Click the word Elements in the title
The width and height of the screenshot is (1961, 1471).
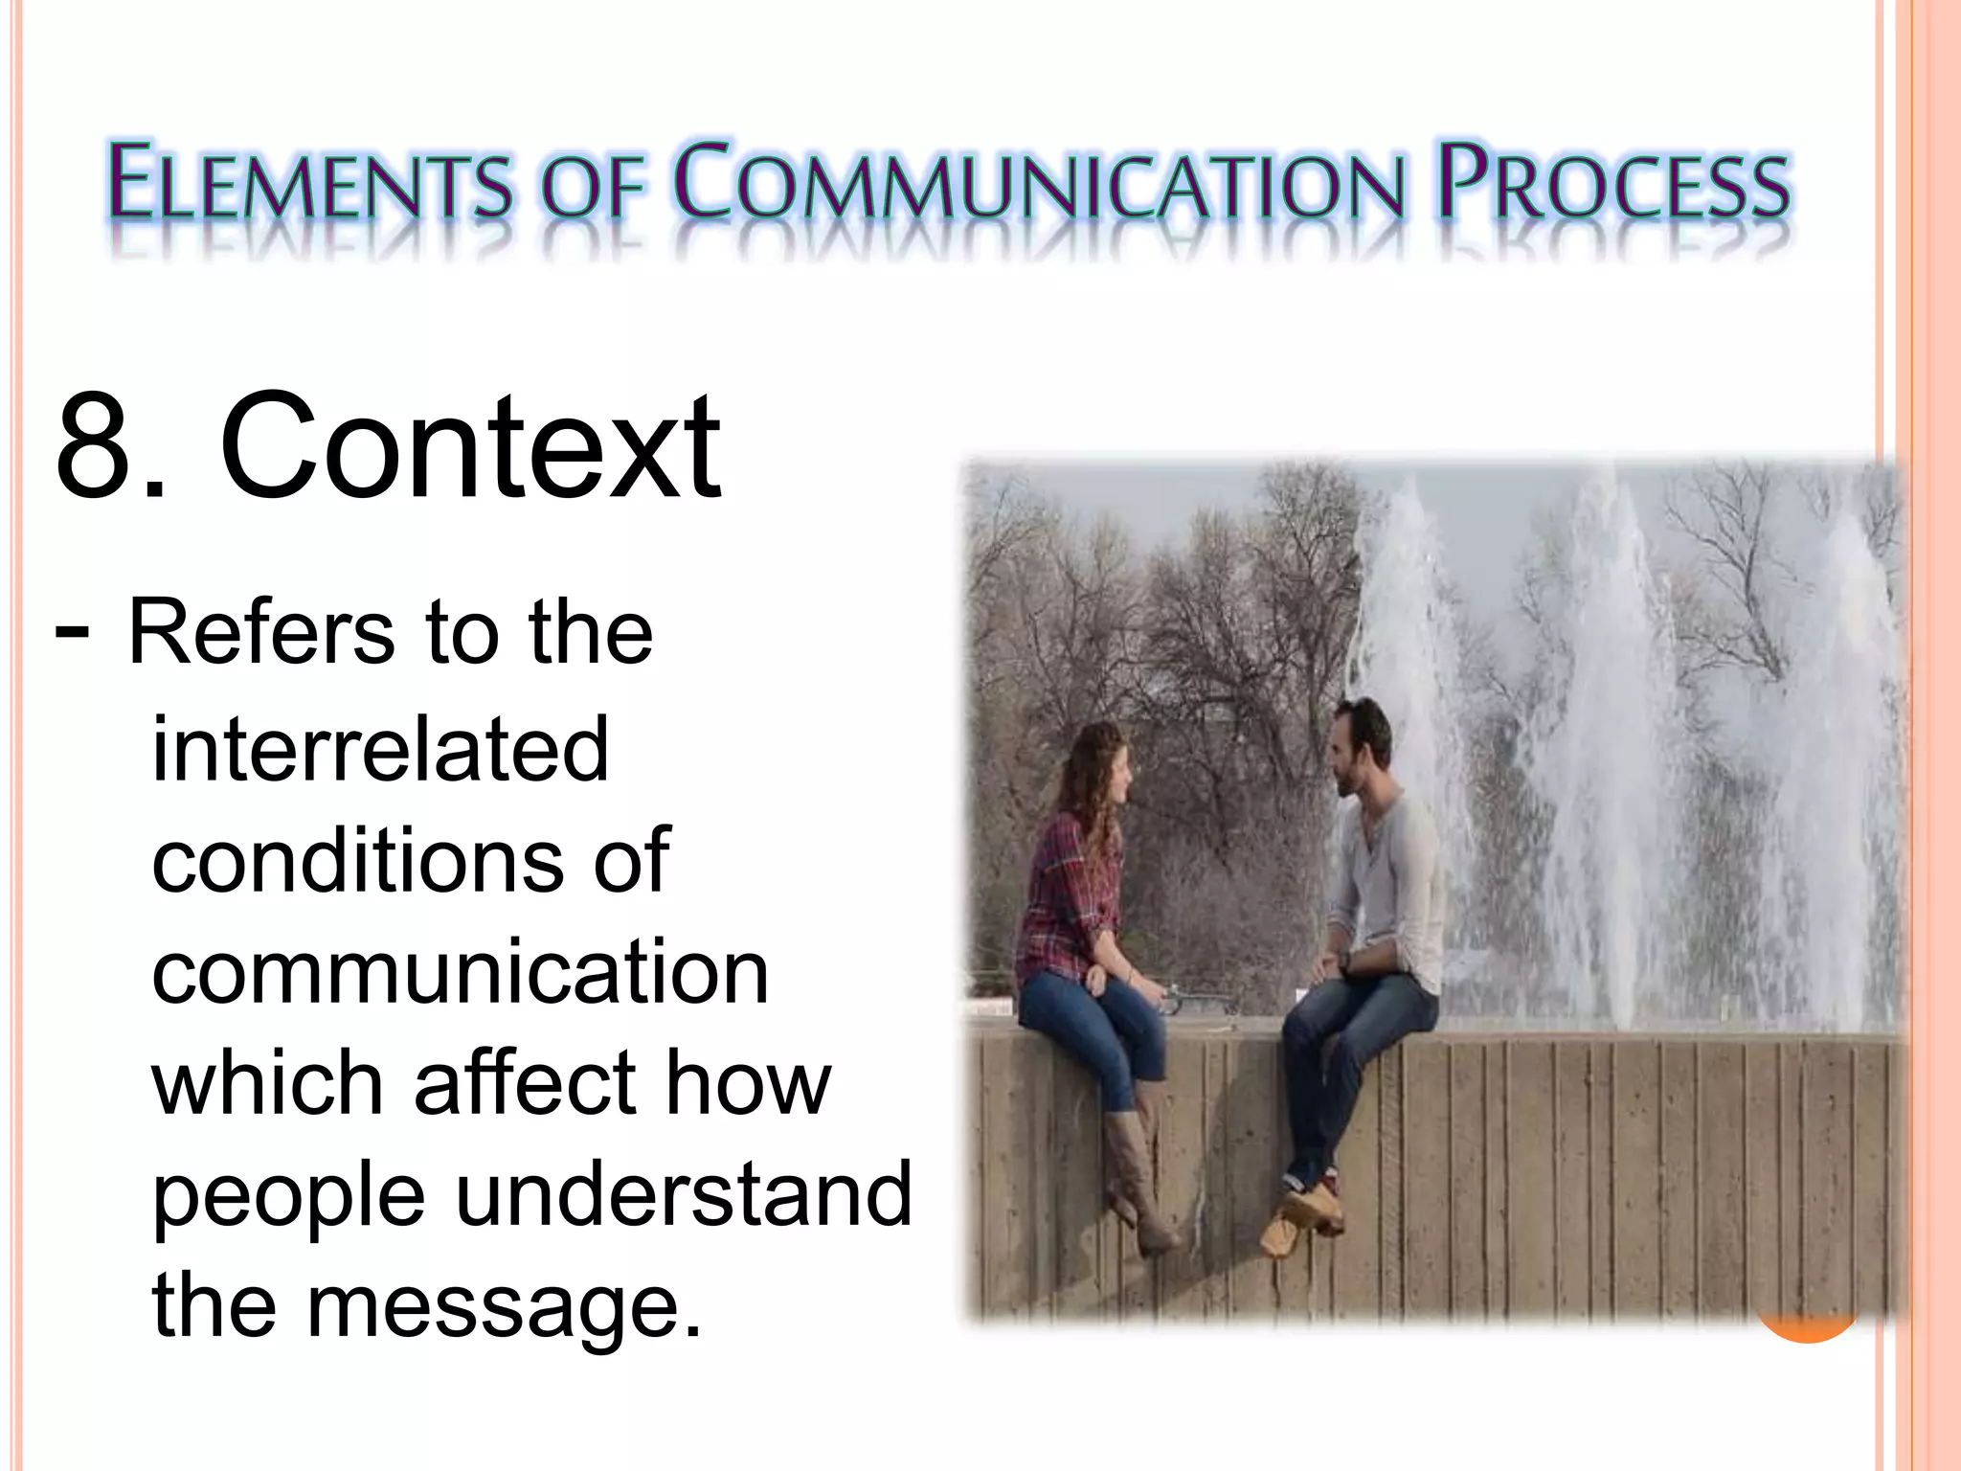(x=309, y=182)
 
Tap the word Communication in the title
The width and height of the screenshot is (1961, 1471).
(x=1039, y=182)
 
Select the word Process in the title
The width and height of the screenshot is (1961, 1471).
(x=1613, y=182)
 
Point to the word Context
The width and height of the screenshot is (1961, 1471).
(x=470, y=446)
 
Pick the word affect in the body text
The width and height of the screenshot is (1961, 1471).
(x=525, y=1083)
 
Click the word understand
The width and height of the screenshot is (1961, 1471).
(x=684, y=1194)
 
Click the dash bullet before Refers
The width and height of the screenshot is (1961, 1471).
(x=73, y=632)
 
